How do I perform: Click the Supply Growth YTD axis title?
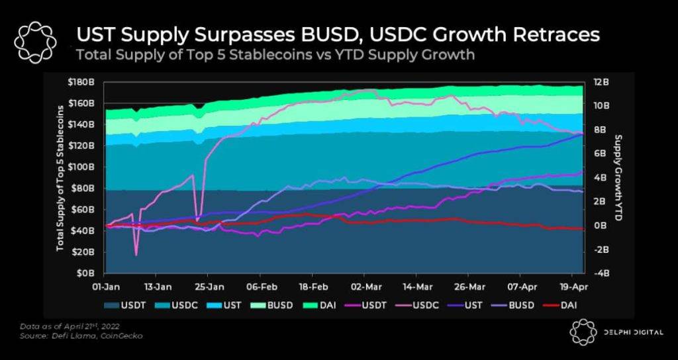[x=618, y=177]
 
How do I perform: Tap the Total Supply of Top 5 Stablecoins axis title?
[x=60, y=177]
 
